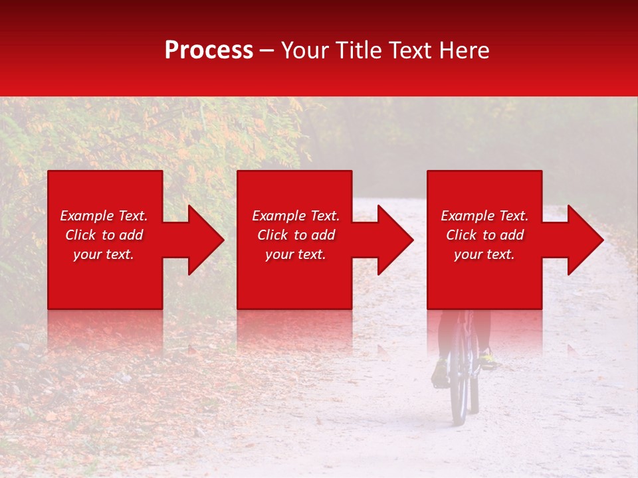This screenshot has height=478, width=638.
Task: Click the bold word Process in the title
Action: [209, 50]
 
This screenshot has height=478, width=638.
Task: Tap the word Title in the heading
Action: [358, 50]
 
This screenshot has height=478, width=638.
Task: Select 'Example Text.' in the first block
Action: [104, 216]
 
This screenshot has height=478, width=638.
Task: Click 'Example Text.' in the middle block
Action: [296, 216]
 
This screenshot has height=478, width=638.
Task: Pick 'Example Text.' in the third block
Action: [484, 216]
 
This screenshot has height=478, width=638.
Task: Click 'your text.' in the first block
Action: [104, 254]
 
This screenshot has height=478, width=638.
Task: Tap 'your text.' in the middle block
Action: [296, 254]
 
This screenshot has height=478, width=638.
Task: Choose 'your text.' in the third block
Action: [484, 254]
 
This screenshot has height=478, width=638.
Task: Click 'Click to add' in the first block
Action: [104, 235]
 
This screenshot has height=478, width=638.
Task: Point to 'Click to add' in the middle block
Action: [296, 235]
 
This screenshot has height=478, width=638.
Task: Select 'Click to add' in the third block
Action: [484, 235]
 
